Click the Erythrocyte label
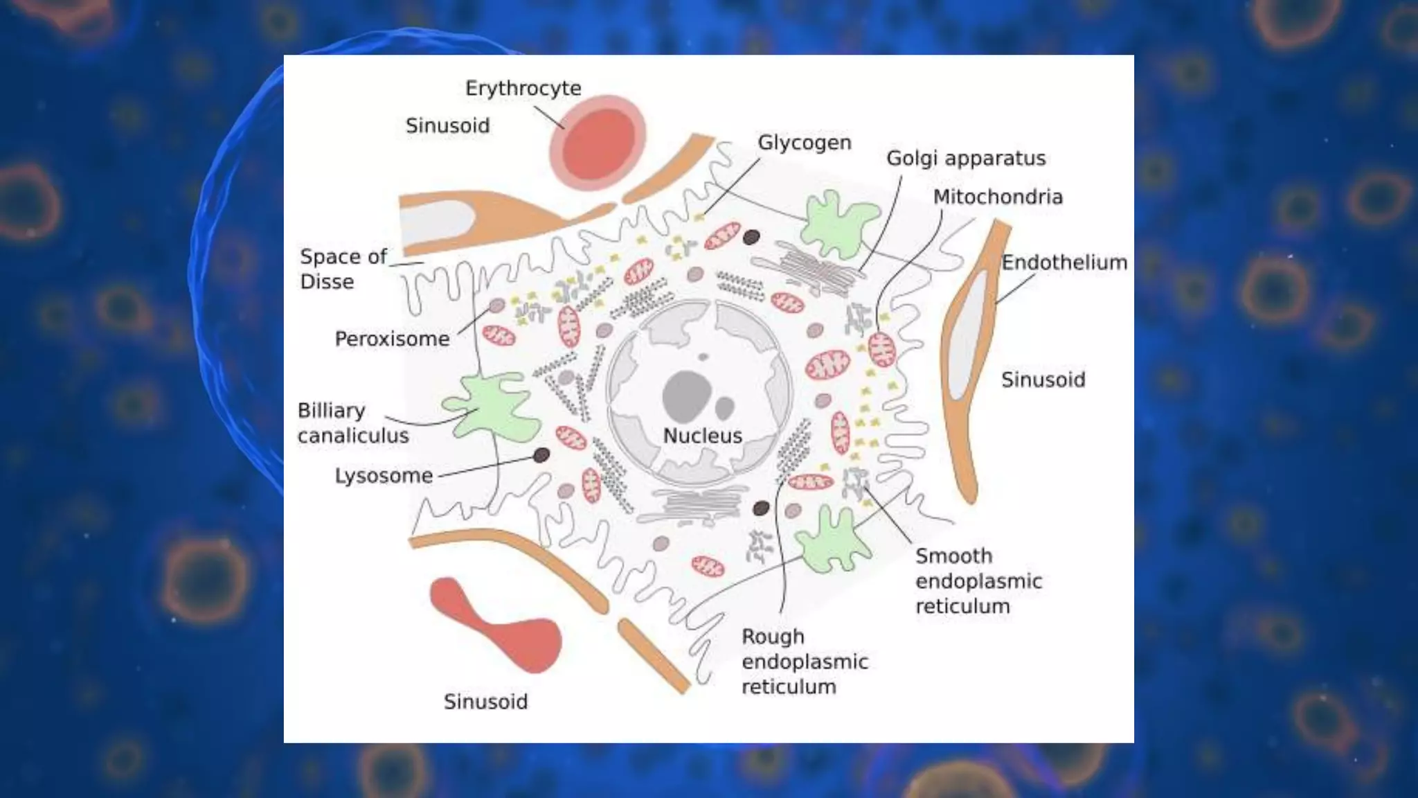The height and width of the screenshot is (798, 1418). click(523, 89)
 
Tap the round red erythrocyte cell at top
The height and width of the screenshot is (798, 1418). click(598, 143)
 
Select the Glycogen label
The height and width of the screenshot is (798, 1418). click(804, 143)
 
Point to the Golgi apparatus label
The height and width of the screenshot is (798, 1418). click(966, 159)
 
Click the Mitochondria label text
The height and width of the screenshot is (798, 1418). click(998, 197)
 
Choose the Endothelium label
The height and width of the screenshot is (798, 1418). click(1064, 263)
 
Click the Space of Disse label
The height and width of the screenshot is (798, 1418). click(342, 269)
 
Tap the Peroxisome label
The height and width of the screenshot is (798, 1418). click(392, 339)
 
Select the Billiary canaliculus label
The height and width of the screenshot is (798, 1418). click(352, 423)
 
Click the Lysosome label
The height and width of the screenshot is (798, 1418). click(384, 476)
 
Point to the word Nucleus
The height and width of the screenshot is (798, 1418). click(702, 436)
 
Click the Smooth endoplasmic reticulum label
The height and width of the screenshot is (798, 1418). click(978, 581)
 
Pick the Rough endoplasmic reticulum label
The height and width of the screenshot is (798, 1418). click(804, 662)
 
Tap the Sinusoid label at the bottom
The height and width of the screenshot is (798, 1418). click(485, 702)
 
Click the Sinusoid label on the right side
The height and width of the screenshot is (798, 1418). click(1043, 380)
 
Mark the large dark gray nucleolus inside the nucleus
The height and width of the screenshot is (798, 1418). click(686, 396)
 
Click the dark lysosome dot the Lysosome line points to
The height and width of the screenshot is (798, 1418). click(541, 455)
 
